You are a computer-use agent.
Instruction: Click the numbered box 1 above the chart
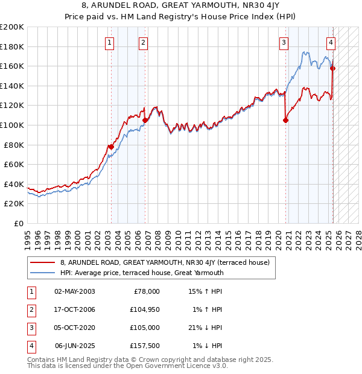pos(109,42)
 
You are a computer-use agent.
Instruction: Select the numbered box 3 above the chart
pos(283,42)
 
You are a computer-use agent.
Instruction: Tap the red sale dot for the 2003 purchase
pos(111,147)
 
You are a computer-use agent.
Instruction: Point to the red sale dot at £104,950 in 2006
pos(145,120)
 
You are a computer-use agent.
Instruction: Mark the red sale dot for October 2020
pos(285,120)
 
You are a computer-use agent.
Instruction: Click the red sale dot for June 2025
pos(332,68)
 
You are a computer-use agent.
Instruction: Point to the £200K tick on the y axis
pos(12,27)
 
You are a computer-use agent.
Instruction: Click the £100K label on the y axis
pos(12,125)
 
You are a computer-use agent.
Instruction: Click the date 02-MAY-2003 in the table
pos(75,291)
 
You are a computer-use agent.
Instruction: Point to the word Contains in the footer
pos(42,360)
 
